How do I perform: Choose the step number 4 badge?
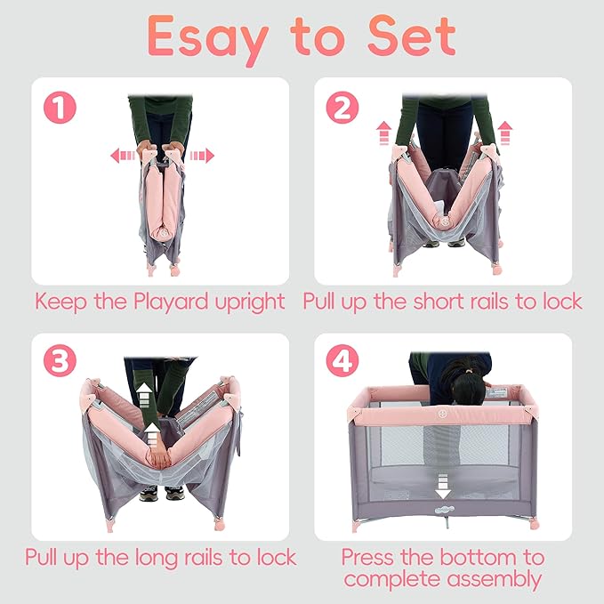pos(342,363)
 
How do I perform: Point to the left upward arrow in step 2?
pos(384,133)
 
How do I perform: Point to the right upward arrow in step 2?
pos(506,133)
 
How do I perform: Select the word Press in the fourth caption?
pos(368,559)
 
